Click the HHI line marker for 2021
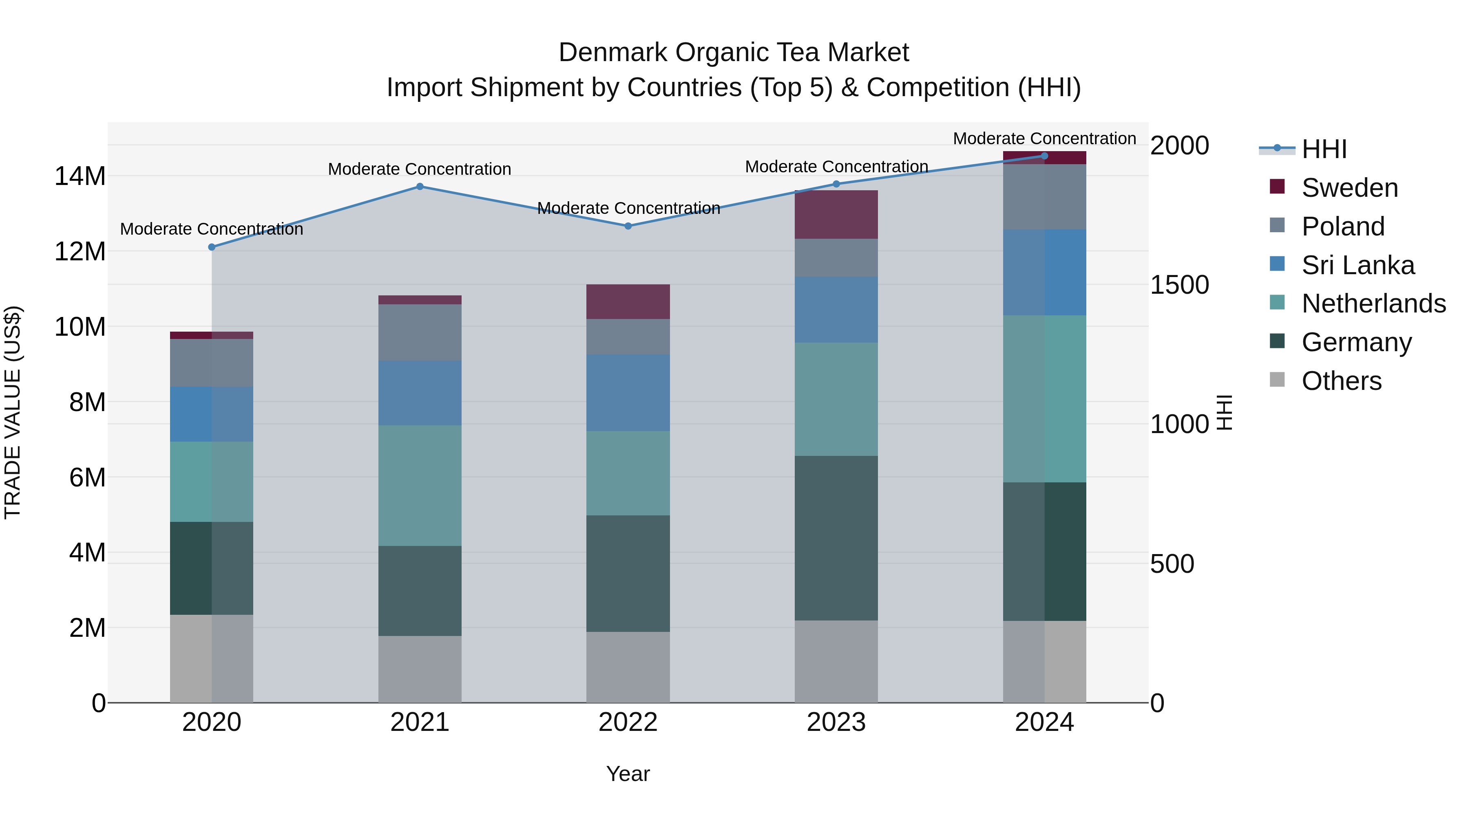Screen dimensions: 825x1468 (420, 186)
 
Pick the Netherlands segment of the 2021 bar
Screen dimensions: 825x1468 (420, 485)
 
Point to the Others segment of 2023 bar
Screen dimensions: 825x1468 (836, 661)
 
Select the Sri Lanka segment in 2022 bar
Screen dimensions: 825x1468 (628, 392)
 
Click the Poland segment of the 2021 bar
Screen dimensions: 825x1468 (420, 332)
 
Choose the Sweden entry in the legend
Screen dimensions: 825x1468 (1349, 188)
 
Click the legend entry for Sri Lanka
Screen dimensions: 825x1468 (1357, 265)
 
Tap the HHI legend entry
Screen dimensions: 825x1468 (1324, 149)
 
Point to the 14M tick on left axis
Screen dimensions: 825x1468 (80, 176)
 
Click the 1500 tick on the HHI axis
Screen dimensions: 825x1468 (1179, 285)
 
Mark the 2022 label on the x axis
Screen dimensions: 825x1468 (628, 722)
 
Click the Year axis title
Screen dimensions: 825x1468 (628, 774)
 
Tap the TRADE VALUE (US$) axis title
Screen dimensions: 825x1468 (13, 412)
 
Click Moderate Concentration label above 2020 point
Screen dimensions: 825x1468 (211, 229)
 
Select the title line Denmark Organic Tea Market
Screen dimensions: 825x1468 (734, 53)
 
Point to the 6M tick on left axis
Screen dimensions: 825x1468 (87, 477)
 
